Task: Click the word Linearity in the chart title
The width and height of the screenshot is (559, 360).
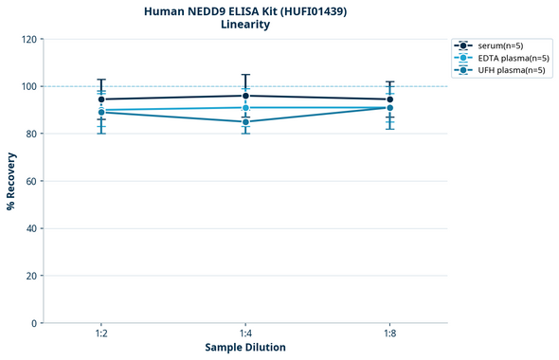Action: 245,25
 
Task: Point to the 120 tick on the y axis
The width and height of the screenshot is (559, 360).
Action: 29,39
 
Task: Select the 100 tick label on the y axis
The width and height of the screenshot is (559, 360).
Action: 29,86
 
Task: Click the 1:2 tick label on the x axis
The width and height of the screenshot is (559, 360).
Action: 100,334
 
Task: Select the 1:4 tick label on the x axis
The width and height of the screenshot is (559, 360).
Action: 245,334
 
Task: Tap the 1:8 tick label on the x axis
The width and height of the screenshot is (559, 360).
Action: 389,334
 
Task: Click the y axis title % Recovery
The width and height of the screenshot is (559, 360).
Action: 11,181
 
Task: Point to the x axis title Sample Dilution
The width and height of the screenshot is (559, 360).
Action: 245,348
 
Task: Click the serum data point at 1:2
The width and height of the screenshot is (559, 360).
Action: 101,99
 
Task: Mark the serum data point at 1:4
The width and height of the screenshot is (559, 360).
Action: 245,96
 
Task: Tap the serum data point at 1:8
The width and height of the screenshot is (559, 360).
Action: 389,99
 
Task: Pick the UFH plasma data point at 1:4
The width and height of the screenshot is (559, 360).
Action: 245,121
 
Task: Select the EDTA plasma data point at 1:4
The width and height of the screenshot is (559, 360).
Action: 245,107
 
